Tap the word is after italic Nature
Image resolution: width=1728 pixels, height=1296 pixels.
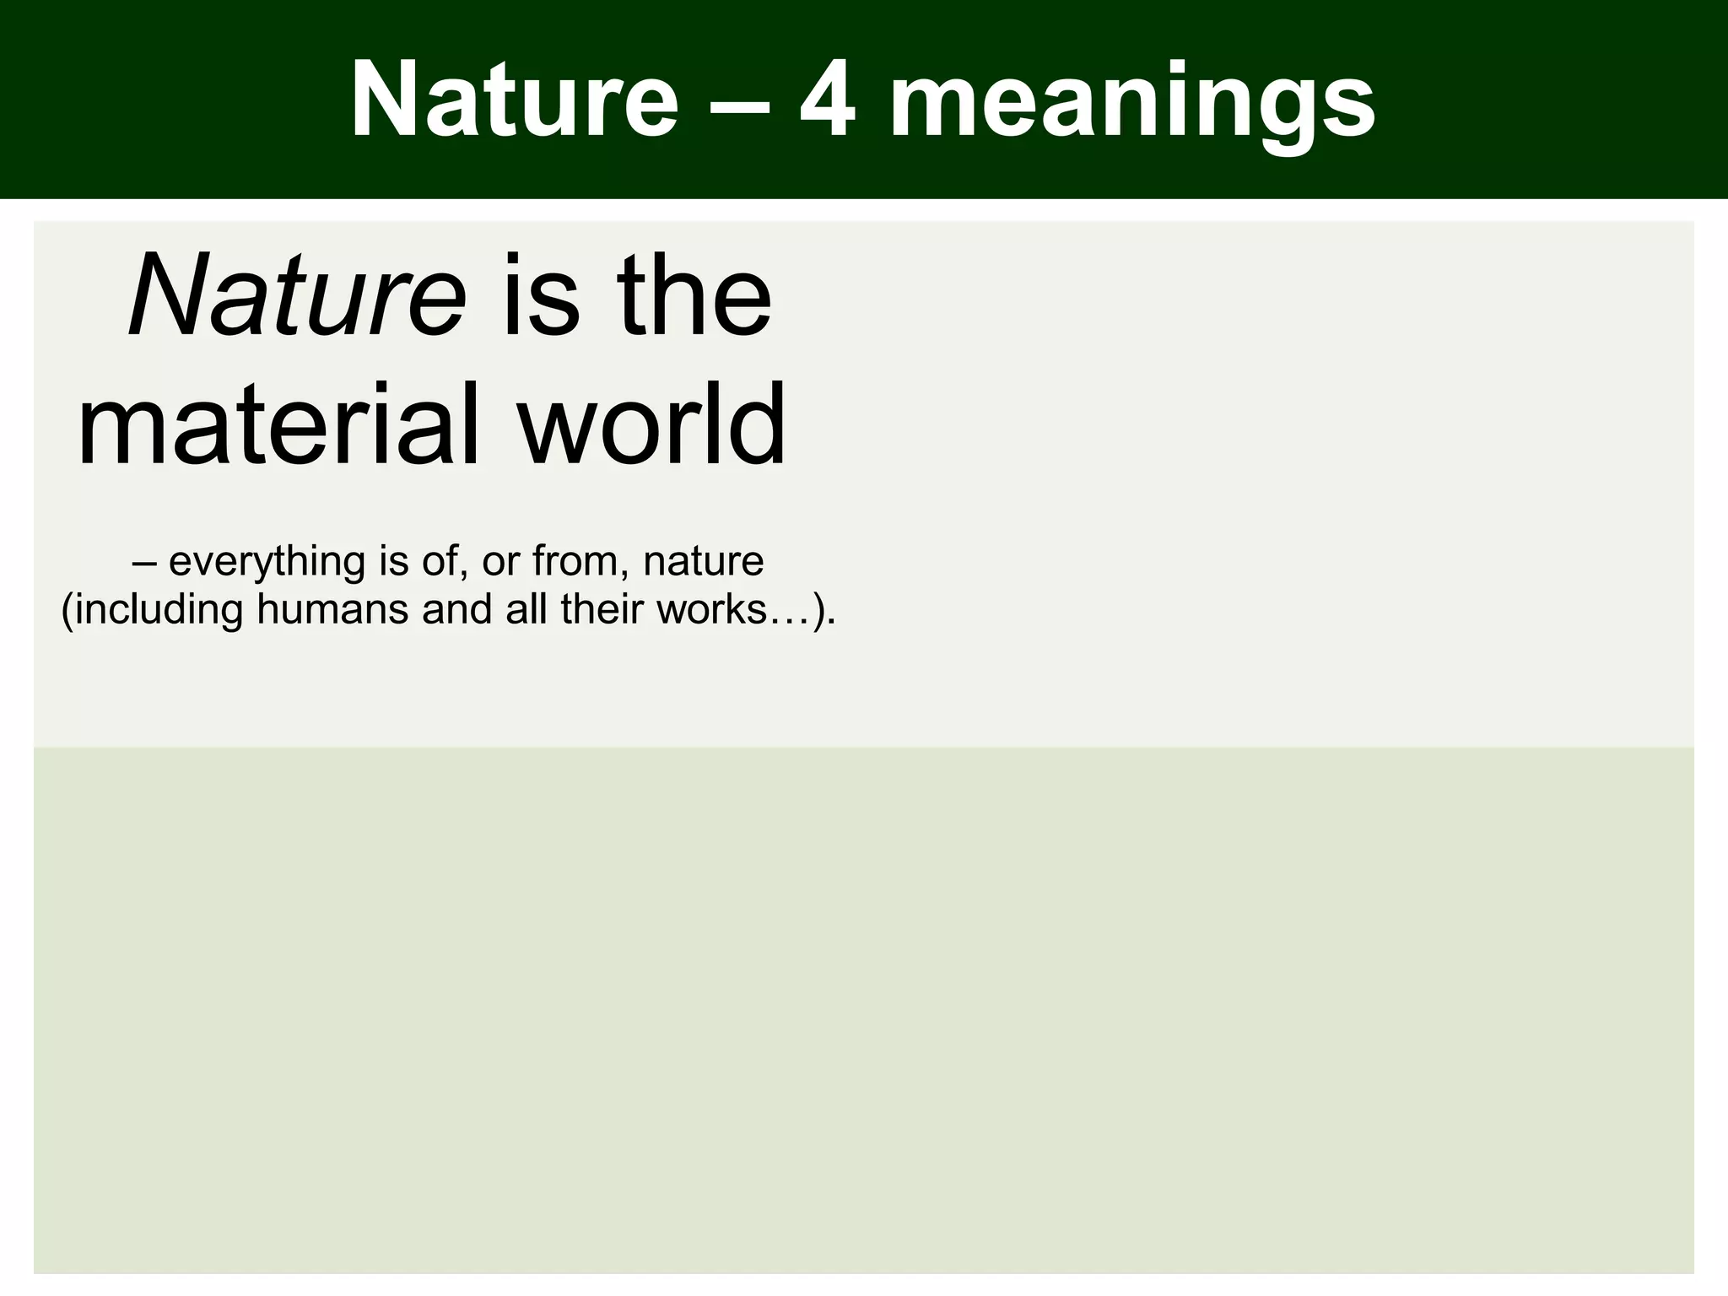click(x=540, y=295)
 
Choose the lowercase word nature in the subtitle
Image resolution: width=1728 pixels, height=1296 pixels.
click(x=704, y=561)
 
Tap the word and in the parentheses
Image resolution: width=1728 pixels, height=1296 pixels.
click(x=456, y=609)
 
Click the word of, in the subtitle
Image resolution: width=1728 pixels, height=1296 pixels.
click(x=445, y=563)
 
